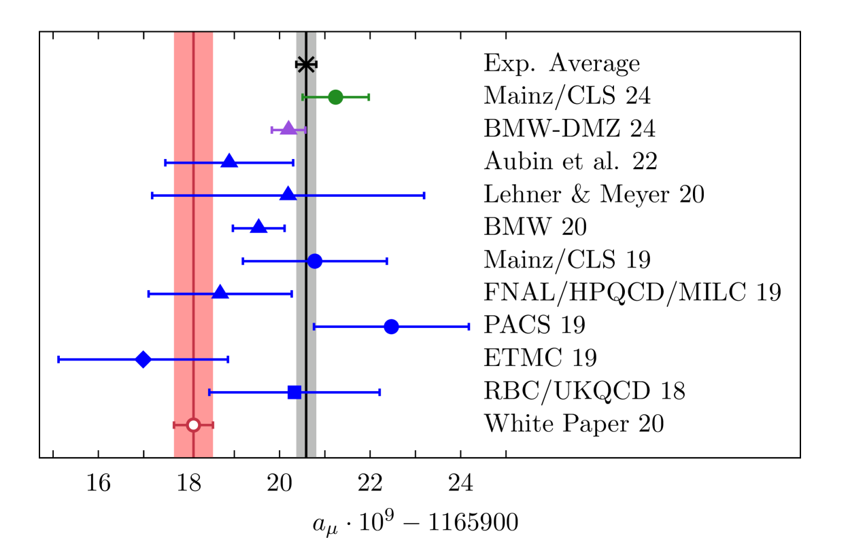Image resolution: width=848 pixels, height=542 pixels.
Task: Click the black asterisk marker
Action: point(306,65)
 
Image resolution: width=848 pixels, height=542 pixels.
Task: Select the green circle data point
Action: point(335,97)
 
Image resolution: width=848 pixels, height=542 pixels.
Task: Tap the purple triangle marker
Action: point(288,128)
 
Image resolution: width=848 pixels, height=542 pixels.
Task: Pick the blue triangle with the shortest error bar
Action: point(258,227)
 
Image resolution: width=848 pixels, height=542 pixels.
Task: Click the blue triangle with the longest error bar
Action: point(288,194)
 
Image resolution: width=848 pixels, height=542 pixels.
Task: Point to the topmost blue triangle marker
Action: point(229,161)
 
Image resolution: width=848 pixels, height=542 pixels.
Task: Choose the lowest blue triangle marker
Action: point(220,292)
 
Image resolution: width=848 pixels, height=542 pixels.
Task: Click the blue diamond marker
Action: point(143,359)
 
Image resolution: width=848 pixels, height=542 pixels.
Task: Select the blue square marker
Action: point(294,392)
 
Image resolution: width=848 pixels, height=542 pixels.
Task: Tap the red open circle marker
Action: point(193,425)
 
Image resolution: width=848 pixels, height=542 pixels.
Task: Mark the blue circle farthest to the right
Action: point(391,327)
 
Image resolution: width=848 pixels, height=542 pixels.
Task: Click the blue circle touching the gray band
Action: point(315,261)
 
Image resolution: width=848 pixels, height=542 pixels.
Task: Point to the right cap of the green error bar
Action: point(369,97)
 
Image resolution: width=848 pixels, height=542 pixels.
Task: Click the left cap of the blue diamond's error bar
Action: point(59,359)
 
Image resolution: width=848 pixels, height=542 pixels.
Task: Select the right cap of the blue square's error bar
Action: point(379,392)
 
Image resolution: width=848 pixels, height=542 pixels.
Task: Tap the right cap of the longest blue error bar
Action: point(424,195)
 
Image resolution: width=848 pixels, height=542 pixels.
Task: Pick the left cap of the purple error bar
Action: point(271,130)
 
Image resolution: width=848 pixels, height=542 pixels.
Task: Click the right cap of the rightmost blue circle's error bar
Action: point(469,327)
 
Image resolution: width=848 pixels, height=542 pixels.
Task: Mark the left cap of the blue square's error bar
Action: point(209,392)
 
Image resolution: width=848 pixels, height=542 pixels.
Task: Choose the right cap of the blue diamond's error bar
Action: point(228,359)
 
